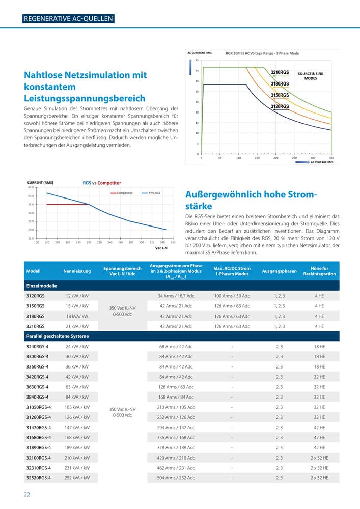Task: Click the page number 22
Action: point(26,494)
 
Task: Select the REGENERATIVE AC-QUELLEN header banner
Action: point(68,19)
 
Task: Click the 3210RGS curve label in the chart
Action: point(280,72)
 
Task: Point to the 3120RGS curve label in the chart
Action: point(280,106)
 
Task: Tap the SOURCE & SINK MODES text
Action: point(310,76)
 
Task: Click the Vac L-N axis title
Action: point(161,248)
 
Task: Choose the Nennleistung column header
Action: point(77,271)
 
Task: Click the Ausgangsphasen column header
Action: point(279,271)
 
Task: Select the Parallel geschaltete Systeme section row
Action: point(57,336)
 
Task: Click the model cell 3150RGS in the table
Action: point(35,306)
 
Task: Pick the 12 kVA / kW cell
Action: point(77,296)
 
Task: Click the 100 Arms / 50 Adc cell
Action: point(232,296)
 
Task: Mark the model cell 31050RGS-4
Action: point(38,407)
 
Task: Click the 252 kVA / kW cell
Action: point(77,478)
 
